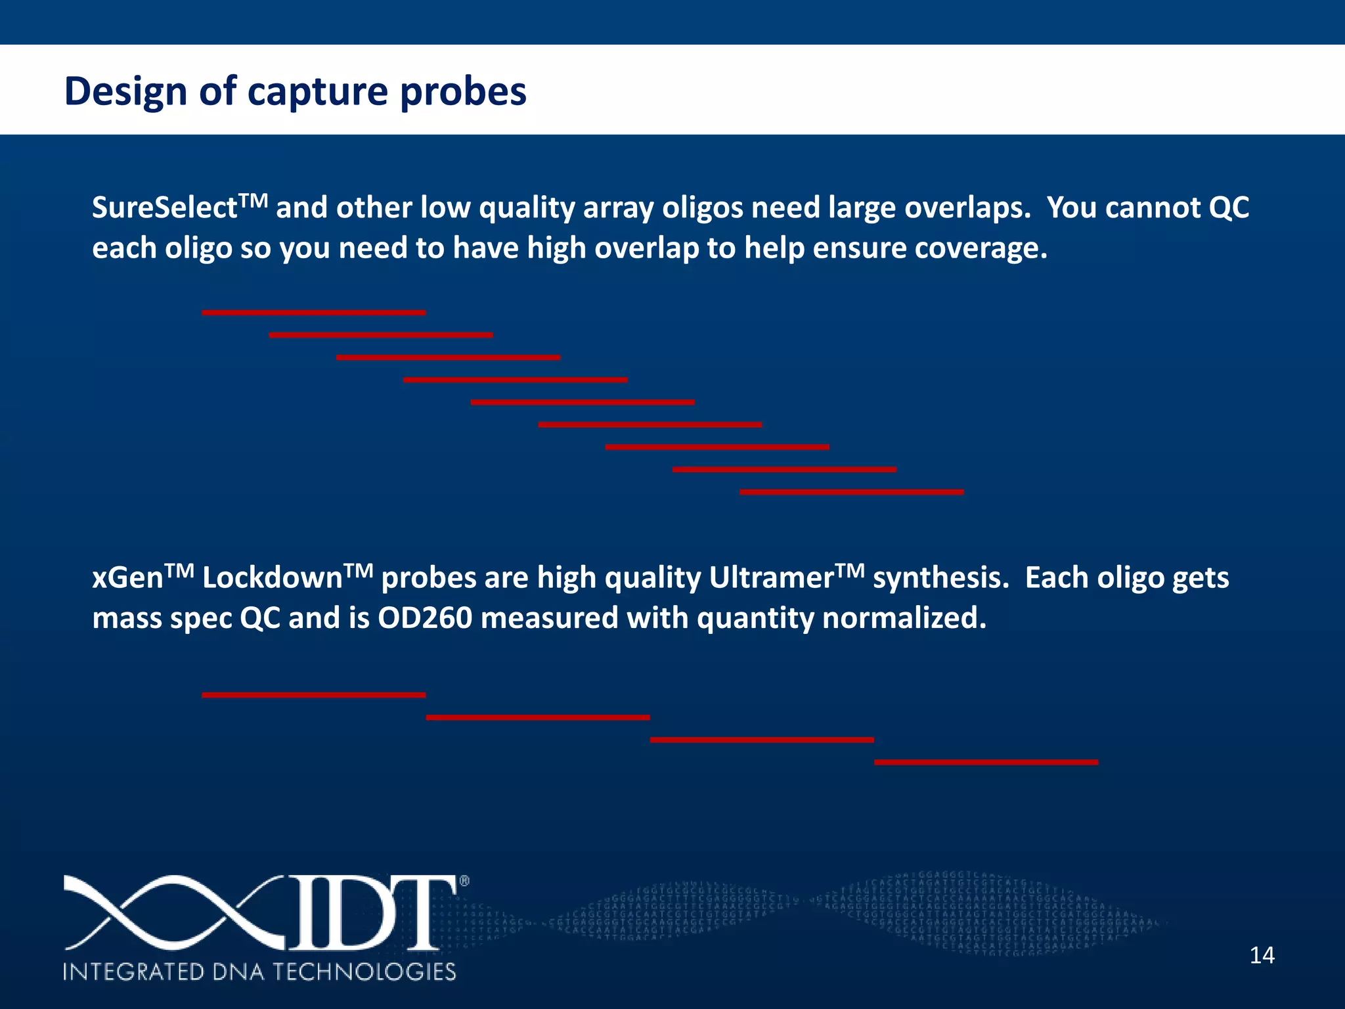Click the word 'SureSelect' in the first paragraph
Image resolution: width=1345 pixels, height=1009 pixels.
coord(164,208)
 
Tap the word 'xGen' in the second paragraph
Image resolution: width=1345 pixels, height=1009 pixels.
coord(127,578)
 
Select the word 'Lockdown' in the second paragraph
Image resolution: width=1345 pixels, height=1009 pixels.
coord(272,578)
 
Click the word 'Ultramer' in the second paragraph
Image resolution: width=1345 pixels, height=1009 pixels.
coord(771,578)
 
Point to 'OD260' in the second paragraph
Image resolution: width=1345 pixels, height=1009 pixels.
coord(424,619)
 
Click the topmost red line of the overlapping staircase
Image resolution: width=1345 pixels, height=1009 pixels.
coord(313,313)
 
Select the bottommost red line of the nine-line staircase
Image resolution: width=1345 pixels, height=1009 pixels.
coord(851,492)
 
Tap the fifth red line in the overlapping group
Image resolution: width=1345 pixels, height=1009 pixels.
coord(583,402)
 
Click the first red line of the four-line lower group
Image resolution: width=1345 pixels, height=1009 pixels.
coord(313,695)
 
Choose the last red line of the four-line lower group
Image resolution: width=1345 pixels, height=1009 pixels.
coord(986,762)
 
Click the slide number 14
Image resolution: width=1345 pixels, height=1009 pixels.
coord(1262,955)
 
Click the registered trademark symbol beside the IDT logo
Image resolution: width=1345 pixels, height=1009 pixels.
coord(464,882)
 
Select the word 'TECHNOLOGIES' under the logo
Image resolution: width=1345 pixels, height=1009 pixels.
coord(364,972)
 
